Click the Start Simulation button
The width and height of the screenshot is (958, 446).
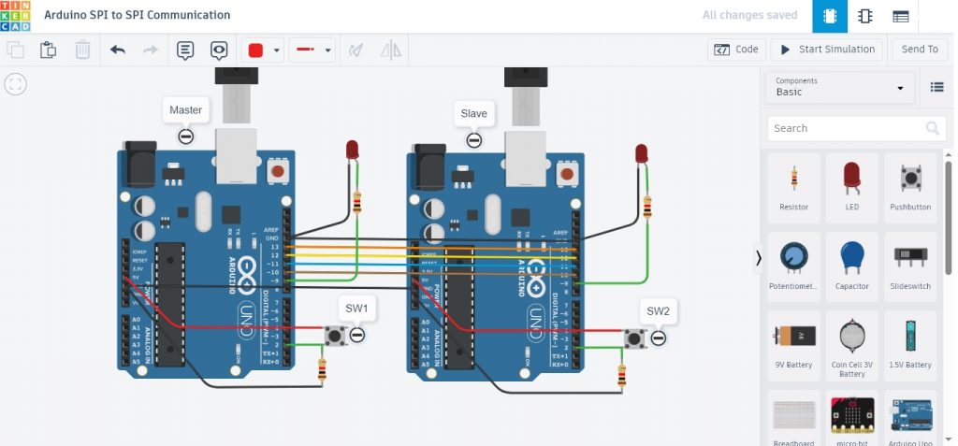(x=827, y=50)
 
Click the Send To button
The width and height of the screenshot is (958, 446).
(x=919, y=50)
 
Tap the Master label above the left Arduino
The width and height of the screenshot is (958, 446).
(x=185, y=110)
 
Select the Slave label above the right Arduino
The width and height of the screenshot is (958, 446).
(x=473, y=113)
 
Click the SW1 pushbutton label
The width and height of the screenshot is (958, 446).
(x=356, y=308)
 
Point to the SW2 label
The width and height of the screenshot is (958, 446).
(x=658, y=310)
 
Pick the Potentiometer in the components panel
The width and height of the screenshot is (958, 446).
(x=793, y=263)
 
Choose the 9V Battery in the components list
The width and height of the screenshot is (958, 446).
(x=793, y=341)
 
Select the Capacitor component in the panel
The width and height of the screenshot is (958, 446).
(x=851, y=263)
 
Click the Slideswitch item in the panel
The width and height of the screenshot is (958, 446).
(x=910, y=263)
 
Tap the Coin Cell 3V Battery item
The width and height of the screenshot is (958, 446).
(x=851, y=341)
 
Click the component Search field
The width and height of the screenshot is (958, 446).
(x=846, y=128)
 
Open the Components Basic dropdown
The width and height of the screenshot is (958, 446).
(x=838, y=87)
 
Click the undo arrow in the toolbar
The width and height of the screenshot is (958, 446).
(x=117, y=50)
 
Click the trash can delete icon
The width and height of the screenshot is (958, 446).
(x=82, y=50)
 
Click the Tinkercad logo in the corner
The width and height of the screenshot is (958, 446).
(x=16, y=16)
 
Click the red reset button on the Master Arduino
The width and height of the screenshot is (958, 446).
(x=277, y=171)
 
